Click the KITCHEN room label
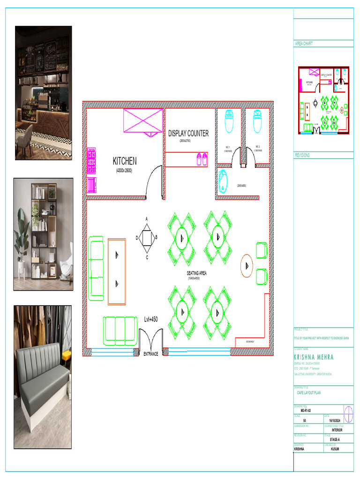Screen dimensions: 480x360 point(125,161)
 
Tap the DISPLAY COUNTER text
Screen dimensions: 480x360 point(188,133)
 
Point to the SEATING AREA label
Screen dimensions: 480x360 point(197,273)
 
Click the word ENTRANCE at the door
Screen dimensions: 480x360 point(151,353)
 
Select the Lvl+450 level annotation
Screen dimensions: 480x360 point(151,319)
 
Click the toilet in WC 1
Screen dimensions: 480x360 point(229,121)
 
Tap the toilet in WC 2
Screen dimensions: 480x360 point(257,121)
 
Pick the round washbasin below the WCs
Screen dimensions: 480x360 point(223,180)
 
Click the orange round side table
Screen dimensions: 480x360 point(247,265)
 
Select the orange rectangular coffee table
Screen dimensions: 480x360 point(117,271)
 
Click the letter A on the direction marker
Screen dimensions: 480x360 point(147,219)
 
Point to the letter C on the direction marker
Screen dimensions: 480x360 point(147,257)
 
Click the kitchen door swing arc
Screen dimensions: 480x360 point(152,180)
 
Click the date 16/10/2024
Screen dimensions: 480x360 point(337,420)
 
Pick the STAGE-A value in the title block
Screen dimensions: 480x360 point(335,439)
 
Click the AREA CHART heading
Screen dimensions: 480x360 point(304,44)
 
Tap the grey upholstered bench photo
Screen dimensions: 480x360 point(42,376)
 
